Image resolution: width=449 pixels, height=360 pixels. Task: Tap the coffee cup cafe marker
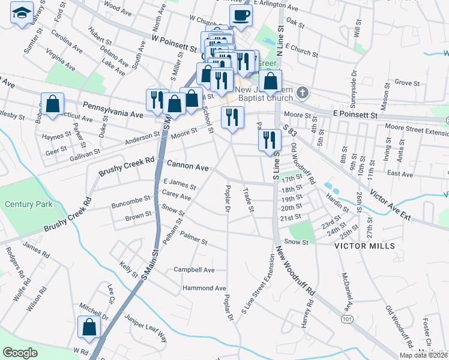click(241, 15)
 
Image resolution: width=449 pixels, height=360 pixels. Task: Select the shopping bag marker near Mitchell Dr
click(89, 327)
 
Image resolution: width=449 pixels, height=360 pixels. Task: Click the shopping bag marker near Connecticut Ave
click(52, 103)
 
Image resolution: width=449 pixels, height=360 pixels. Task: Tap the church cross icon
click(303, 94)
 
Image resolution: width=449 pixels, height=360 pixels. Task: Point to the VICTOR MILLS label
click(364, 246)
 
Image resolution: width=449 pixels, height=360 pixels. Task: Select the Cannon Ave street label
click(187, 164)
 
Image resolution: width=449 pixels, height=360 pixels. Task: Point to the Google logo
click(20, 353)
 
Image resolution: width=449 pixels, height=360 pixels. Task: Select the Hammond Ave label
click(204, 289)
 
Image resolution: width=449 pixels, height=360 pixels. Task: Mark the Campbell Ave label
click(194, 270)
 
